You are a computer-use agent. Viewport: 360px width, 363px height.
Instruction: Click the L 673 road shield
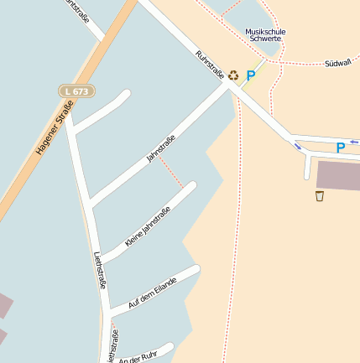76,91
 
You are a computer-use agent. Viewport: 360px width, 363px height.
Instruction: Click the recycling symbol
234,75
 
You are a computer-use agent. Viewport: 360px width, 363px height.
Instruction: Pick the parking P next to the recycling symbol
250,75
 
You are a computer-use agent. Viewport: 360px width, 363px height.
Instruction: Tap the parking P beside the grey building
340,148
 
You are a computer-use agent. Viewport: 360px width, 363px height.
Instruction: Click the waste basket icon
320,196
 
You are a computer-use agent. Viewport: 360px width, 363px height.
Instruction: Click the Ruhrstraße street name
209,65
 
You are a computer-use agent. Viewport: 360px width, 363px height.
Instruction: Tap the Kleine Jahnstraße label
147,226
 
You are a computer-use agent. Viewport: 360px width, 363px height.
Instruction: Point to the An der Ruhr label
138,355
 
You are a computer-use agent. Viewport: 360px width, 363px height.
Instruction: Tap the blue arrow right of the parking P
355,141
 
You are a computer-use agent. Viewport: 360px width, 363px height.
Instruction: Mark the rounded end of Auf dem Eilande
196,270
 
